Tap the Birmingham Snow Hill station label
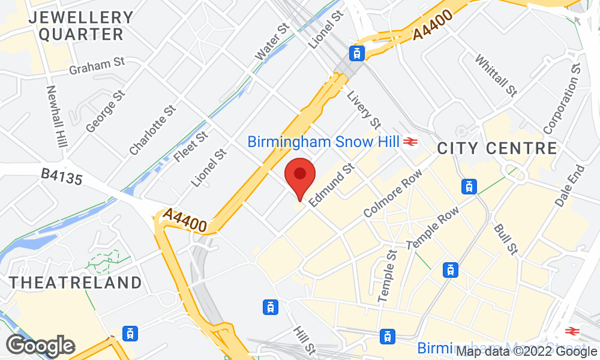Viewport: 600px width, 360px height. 325,142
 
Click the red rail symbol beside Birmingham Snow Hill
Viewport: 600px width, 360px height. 410,142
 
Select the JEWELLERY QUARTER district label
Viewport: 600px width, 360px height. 81,26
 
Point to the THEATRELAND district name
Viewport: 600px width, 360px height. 76,282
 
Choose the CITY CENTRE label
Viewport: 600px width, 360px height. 497,148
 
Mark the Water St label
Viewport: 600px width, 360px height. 272,42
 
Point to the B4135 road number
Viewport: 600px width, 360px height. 61,178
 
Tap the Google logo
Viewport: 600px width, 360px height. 40,345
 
